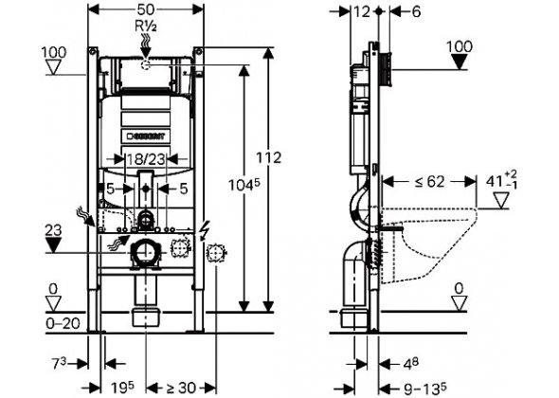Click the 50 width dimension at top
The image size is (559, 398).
click(x=146, y=9)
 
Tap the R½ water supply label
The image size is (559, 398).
click(x=146, y=26)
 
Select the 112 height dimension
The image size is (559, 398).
click(x=269, y=157)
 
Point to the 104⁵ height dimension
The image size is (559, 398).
click(x=244, y=185)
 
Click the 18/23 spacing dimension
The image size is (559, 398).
click(x=146, y=159)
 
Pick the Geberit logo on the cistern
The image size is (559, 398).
click(x=146, y=136)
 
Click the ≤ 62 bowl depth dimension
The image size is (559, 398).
click(x=429, y=182)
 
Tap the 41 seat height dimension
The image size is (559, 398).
click(x=501, y=180)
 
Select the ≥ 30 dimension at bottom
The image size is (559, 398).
click(x=181, y=388)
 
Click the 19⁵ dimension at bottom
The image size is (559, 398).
click(x=122, y=388)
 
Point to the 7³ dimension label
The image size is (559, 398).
click(x=60, y=364)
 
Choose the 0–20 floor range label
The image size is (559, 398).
click(x=63, y=324)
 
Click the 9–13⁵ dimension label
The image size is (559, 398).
click(x=425, y=388)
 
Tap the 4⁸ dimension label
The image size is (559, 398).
click(x=410, y=364)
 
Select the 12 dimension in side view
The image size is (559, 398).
click(x=363, y=12)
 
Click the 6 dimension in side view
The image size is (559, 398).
click(x=416, y=12)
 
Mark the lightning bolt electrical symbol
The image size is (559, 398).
click(x=205, y=230)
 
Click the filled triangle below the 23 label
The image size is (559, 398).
click(x=53, y=245)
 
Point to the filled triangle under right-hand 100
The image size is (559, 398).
click(x=460, y=62)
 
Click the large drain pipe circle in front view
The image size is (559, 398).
click(x=146, y=252)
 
